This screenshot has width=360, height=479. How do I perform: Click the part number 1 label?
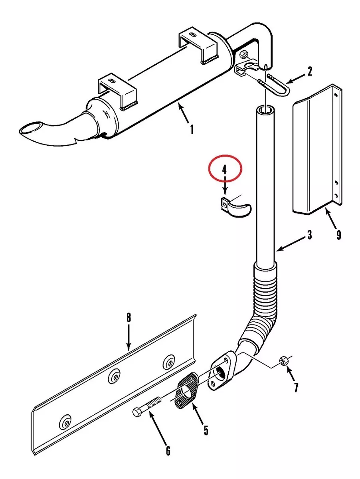pos(192,129)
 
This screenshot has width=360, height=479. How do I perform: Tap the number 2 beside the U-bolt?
pos(310,71)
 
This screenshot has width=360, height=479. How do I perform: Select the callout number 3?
pos(310,235)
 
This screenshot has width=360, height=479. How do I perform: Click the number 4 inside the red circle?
pos(225,170)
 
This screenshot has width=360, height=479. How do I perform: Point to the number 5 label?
pos(206,430)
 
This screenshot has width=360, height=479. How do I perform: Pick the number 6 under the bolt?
pos(168,450)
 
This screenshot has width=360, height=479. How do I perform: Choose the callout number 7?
pos(296,387)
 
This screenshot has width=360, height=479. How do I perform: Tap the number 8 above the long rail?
pos(129,317)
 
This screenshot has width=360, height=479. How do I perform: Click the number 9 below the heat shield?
pos(338,235)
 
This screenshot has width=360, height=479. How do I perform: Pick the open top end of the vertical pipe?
pos(265,109)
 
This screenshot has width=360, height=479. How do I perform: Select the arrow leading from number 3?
pos(291,244)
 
